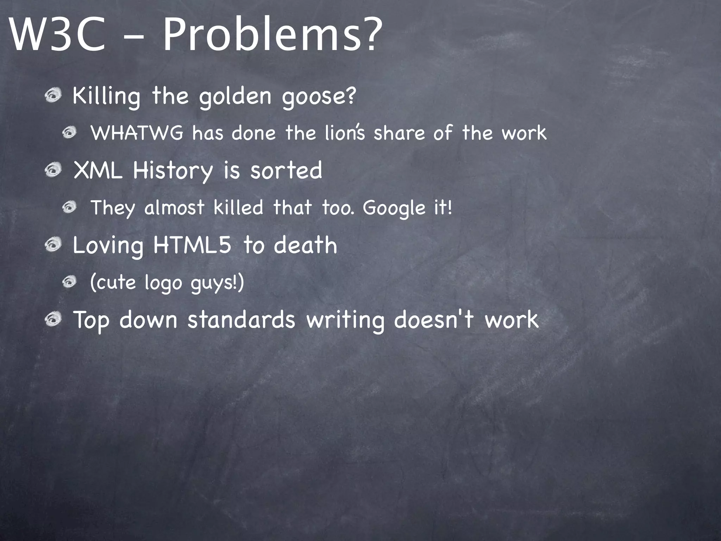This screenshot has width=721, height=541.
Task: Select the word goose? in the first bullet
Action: click(319, 96)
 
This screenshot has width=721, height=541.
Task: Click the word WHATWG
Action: click(137, 133)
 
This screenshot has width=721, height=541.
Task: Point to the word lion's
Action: click(345, 133)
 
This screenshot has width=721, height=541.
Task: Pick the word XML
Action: click(98, 170)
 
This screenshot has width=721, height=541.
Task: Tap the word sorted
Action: click(286, 170)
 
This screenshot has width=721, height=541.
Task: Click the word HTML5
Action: click(192, 245)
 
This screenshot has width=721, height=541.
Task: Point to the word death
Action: click(305, 245)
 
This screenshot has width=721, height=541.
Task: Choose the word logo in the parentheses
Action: click(163, 283)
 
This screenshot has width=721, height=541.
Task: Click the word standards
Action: click(241, 320)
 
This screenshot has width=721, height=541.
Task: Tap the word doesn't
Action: click(433, 320)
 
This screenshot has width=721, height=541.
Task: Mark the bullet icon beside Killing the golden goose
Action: click(54, 95)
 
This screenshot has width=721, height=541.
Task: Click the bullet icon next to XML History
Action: click(54, 170)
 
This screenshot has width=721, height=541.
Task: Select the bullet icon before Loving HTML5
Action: click(54, 245)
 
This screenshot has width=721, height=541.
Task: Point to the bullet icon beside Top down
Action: click(54, 320)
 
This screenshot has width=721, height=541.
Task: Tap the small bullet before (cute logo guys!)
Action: click(70, 282)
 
